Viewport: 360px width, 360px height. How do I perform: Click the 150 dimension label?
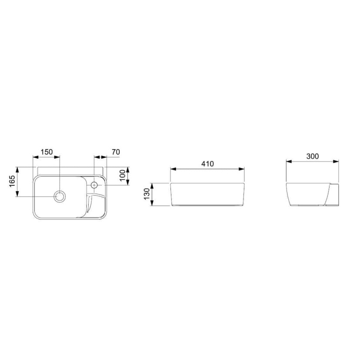(47, 152)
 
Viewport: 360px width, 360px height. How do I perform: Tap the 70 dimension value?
(116, 152)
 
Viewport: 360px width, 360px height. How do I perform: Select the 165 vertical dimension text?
(12, 181)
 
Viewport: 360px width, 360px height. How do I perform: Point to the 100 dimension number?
(123, 175)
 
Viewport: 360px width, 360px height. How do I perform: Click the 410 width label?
(207, 164)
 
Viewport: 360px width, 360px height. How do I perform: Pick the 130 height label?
(147, 194)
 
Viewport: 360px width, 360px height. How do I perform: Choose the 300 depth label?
(313, 157)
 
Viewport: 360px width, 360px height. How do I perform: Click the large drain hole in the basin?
(60, 197)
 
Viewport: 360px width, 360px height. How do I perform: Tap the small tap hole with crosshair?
(94, 185)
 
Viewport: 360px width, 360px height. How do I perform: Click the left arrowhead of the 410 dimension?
(173, 169)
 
